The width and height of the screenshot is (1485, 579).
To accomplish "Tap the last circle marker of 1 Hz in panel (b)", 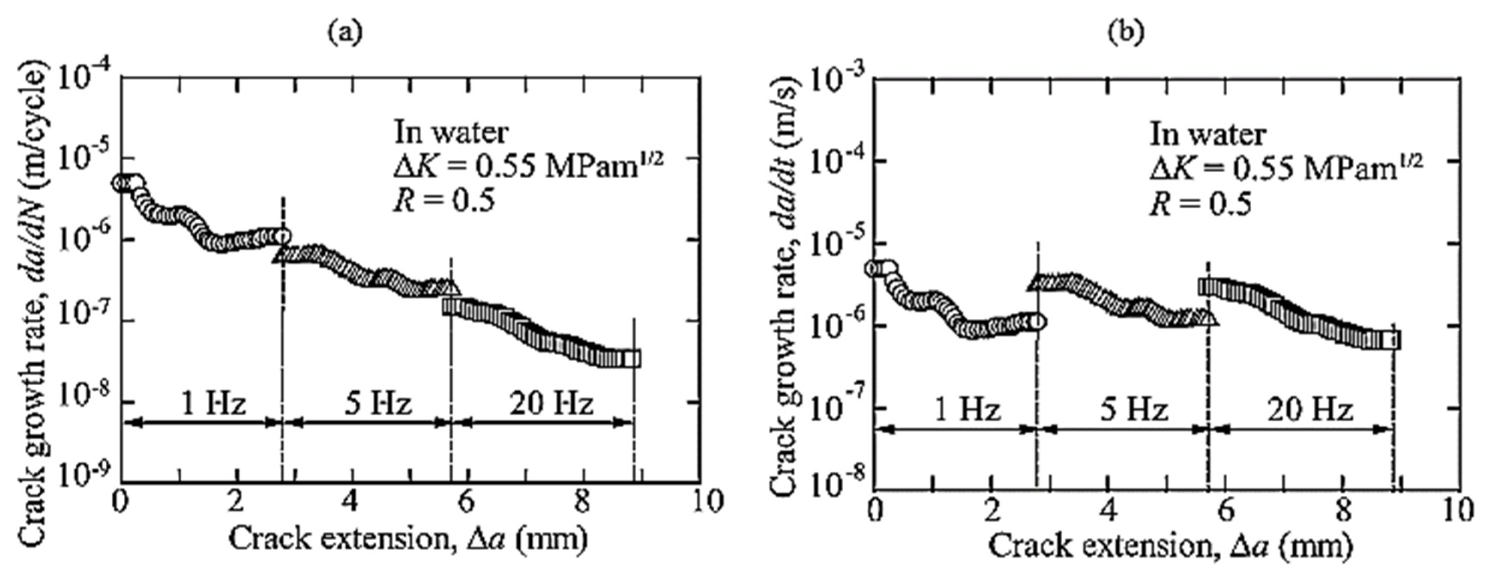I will (x=1037, y=322).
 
